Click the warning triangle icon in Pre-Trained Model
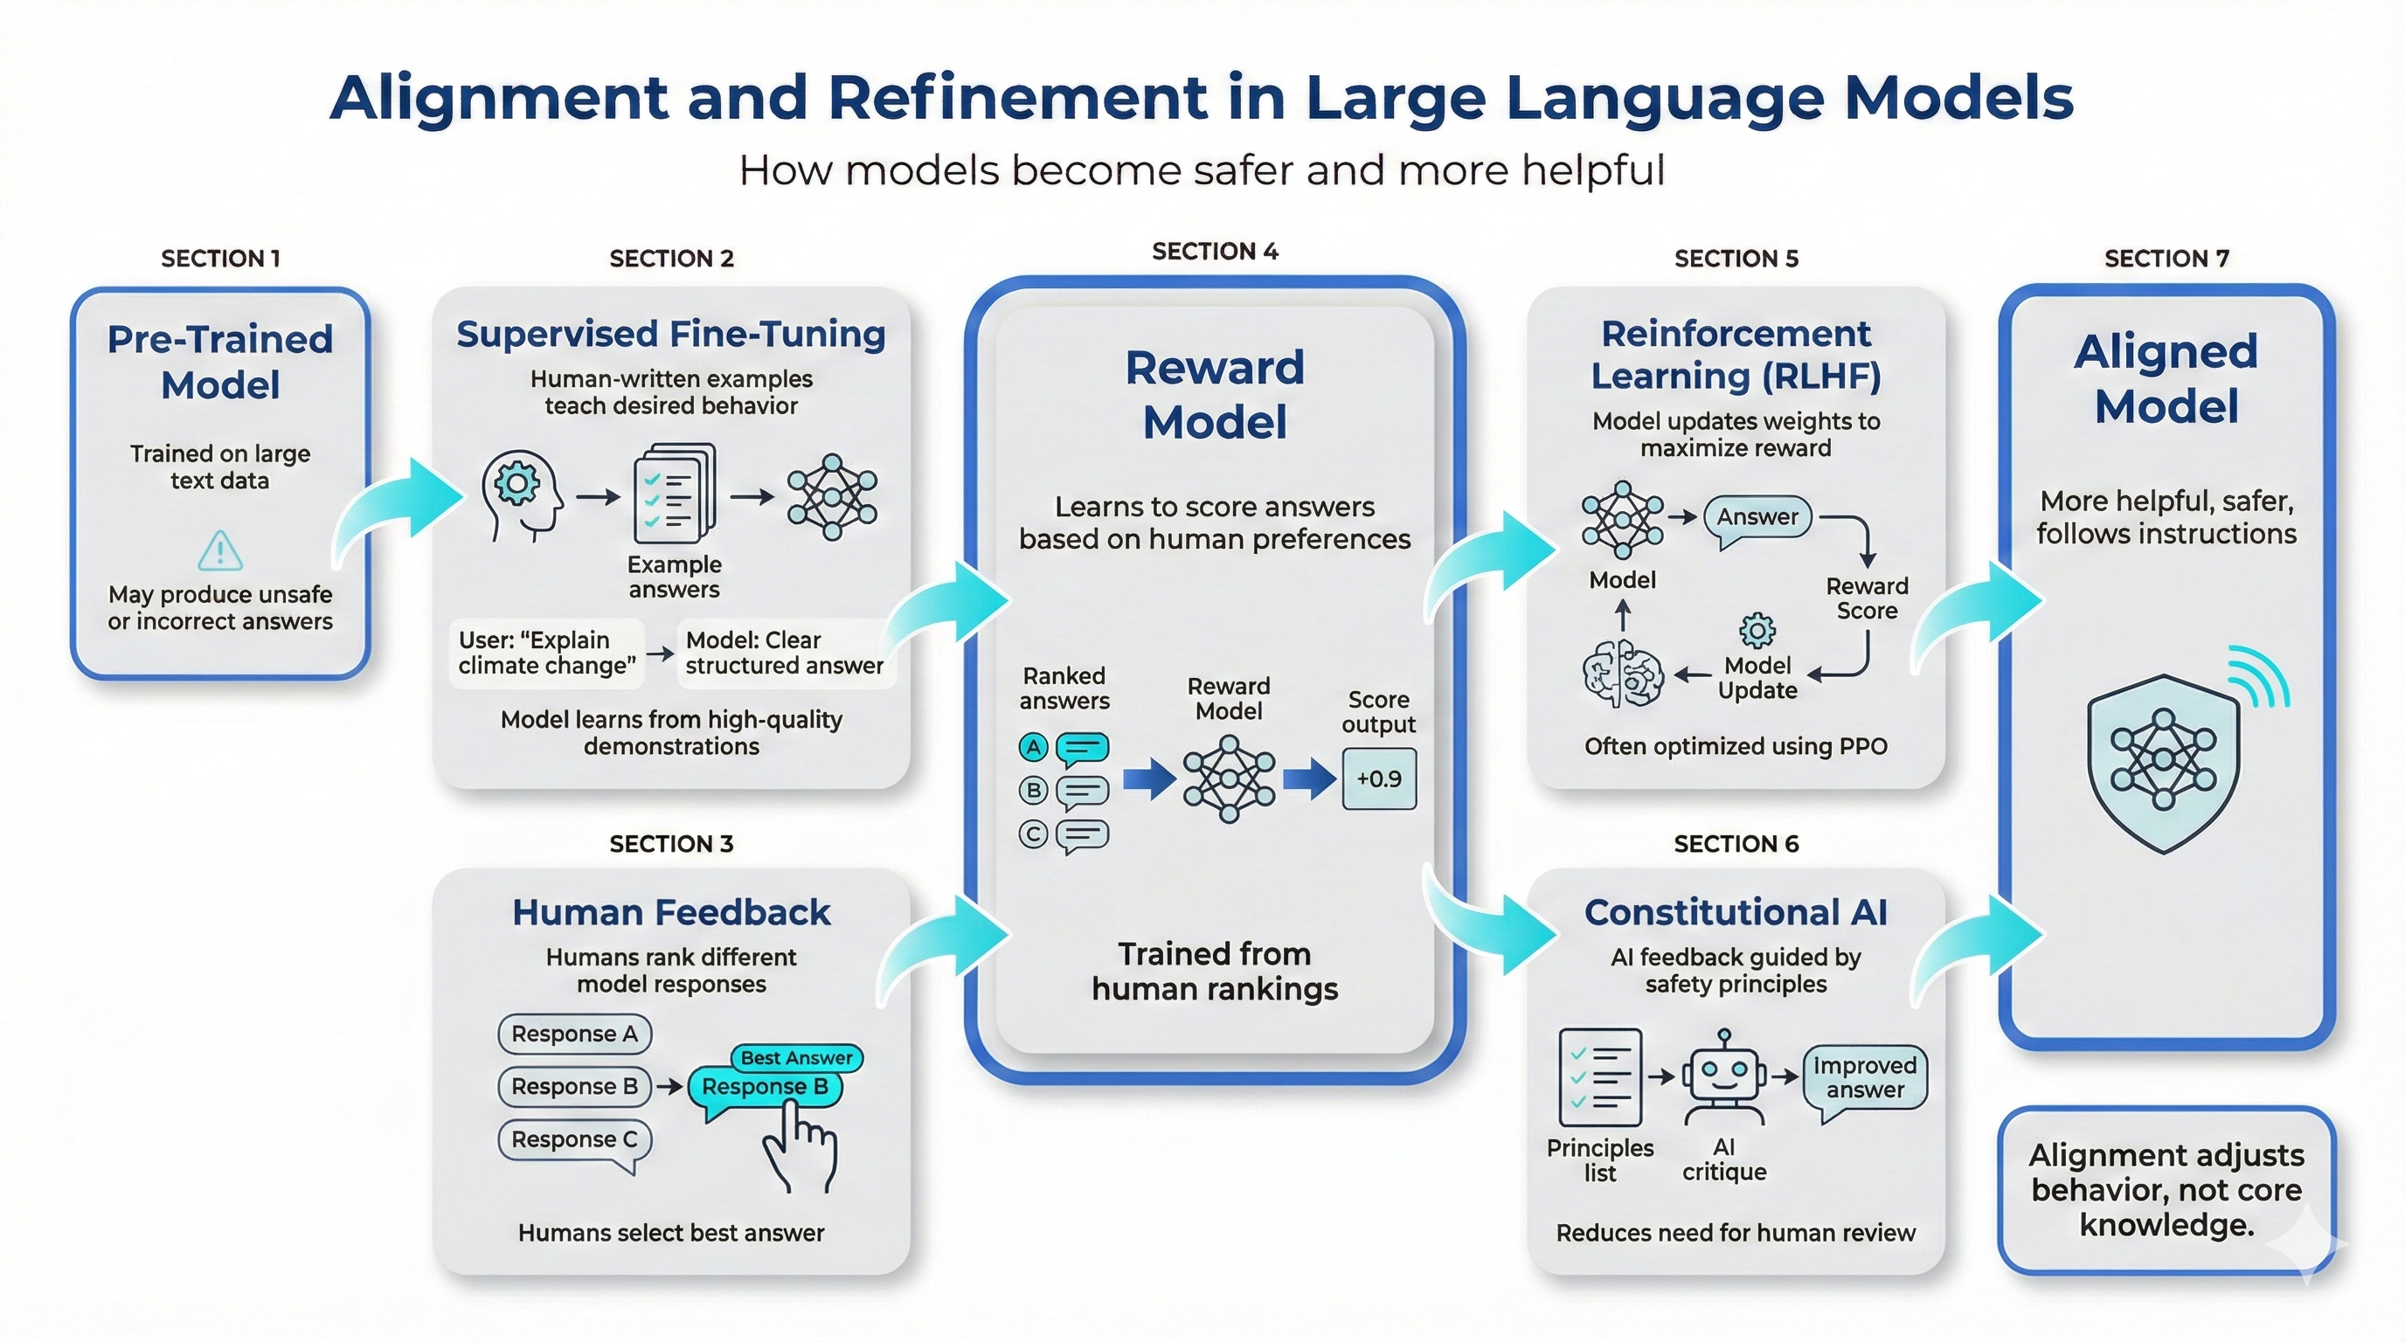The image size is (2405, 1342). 220,550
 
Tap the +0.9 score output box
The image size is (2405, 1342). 1379,778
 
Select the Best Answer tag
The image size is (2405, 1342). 796,1057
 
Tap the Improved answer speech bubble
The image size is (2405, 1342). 1864,1079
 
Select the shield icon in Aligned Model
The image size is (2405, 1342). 2163,764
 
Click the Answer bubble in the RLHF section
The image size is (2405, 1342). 1757,517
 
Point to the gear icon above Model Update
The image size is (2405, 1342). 1757,631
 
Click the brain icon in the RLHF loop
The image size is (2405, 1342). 1623,674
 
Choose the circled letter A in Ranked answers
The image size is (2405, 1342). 1033,747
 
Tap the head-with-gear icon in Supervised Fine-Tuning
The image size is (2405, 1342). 521,495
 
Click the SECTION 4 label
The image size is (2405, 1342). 1215,251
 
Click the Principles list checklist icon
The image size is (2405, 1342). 1600,1078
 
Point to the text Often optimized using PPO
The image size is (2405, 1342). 1736,747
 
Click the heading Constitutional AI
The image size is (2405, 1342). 1736,912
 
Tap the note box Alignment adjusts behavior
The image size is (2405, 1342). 2166,1190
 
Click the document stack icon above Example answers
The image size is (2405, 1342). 674,494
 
